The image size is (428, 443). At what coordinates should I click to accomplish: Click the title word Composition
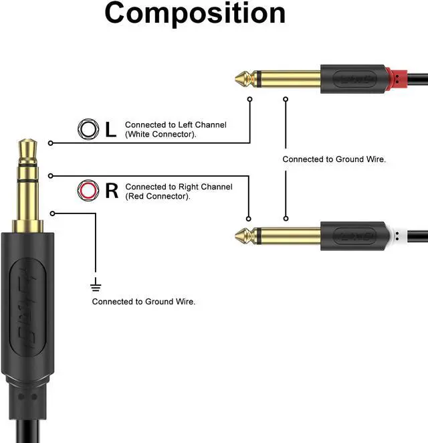(x=195, y=13)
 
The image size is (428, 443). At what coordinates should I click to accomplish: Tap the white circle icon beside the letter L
(x=87, y=128)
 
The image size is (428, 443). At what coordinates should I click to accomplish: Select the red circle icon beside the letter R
(x=87, y=191)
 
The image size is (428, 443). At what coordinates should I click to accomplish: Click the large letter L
(x=111, y=129)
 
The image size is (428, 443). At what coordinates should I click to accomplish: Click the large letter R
(x=112, y=191)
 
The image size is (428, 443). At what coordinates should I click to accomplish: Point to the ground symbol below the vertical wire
(x=96, y=286)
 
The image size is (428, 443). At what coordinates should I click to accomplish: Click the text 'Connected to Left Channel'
(x=175, y=125)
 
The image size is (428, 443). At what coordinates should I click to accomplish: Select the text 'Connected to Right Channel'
(x=179, y=187)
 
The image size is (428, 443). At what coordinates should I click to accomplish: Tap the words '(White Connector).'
(x=160, y=135)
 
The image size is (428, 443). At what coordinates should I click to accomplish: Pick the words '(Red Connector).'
(x=158, y=196)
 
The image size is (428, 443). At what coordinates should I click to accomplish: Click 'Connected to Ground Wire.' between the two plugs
(x=334, y=159)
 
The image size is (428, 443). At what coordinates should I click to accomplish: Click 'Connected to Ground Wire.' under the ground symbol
(x=144, y=302)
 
